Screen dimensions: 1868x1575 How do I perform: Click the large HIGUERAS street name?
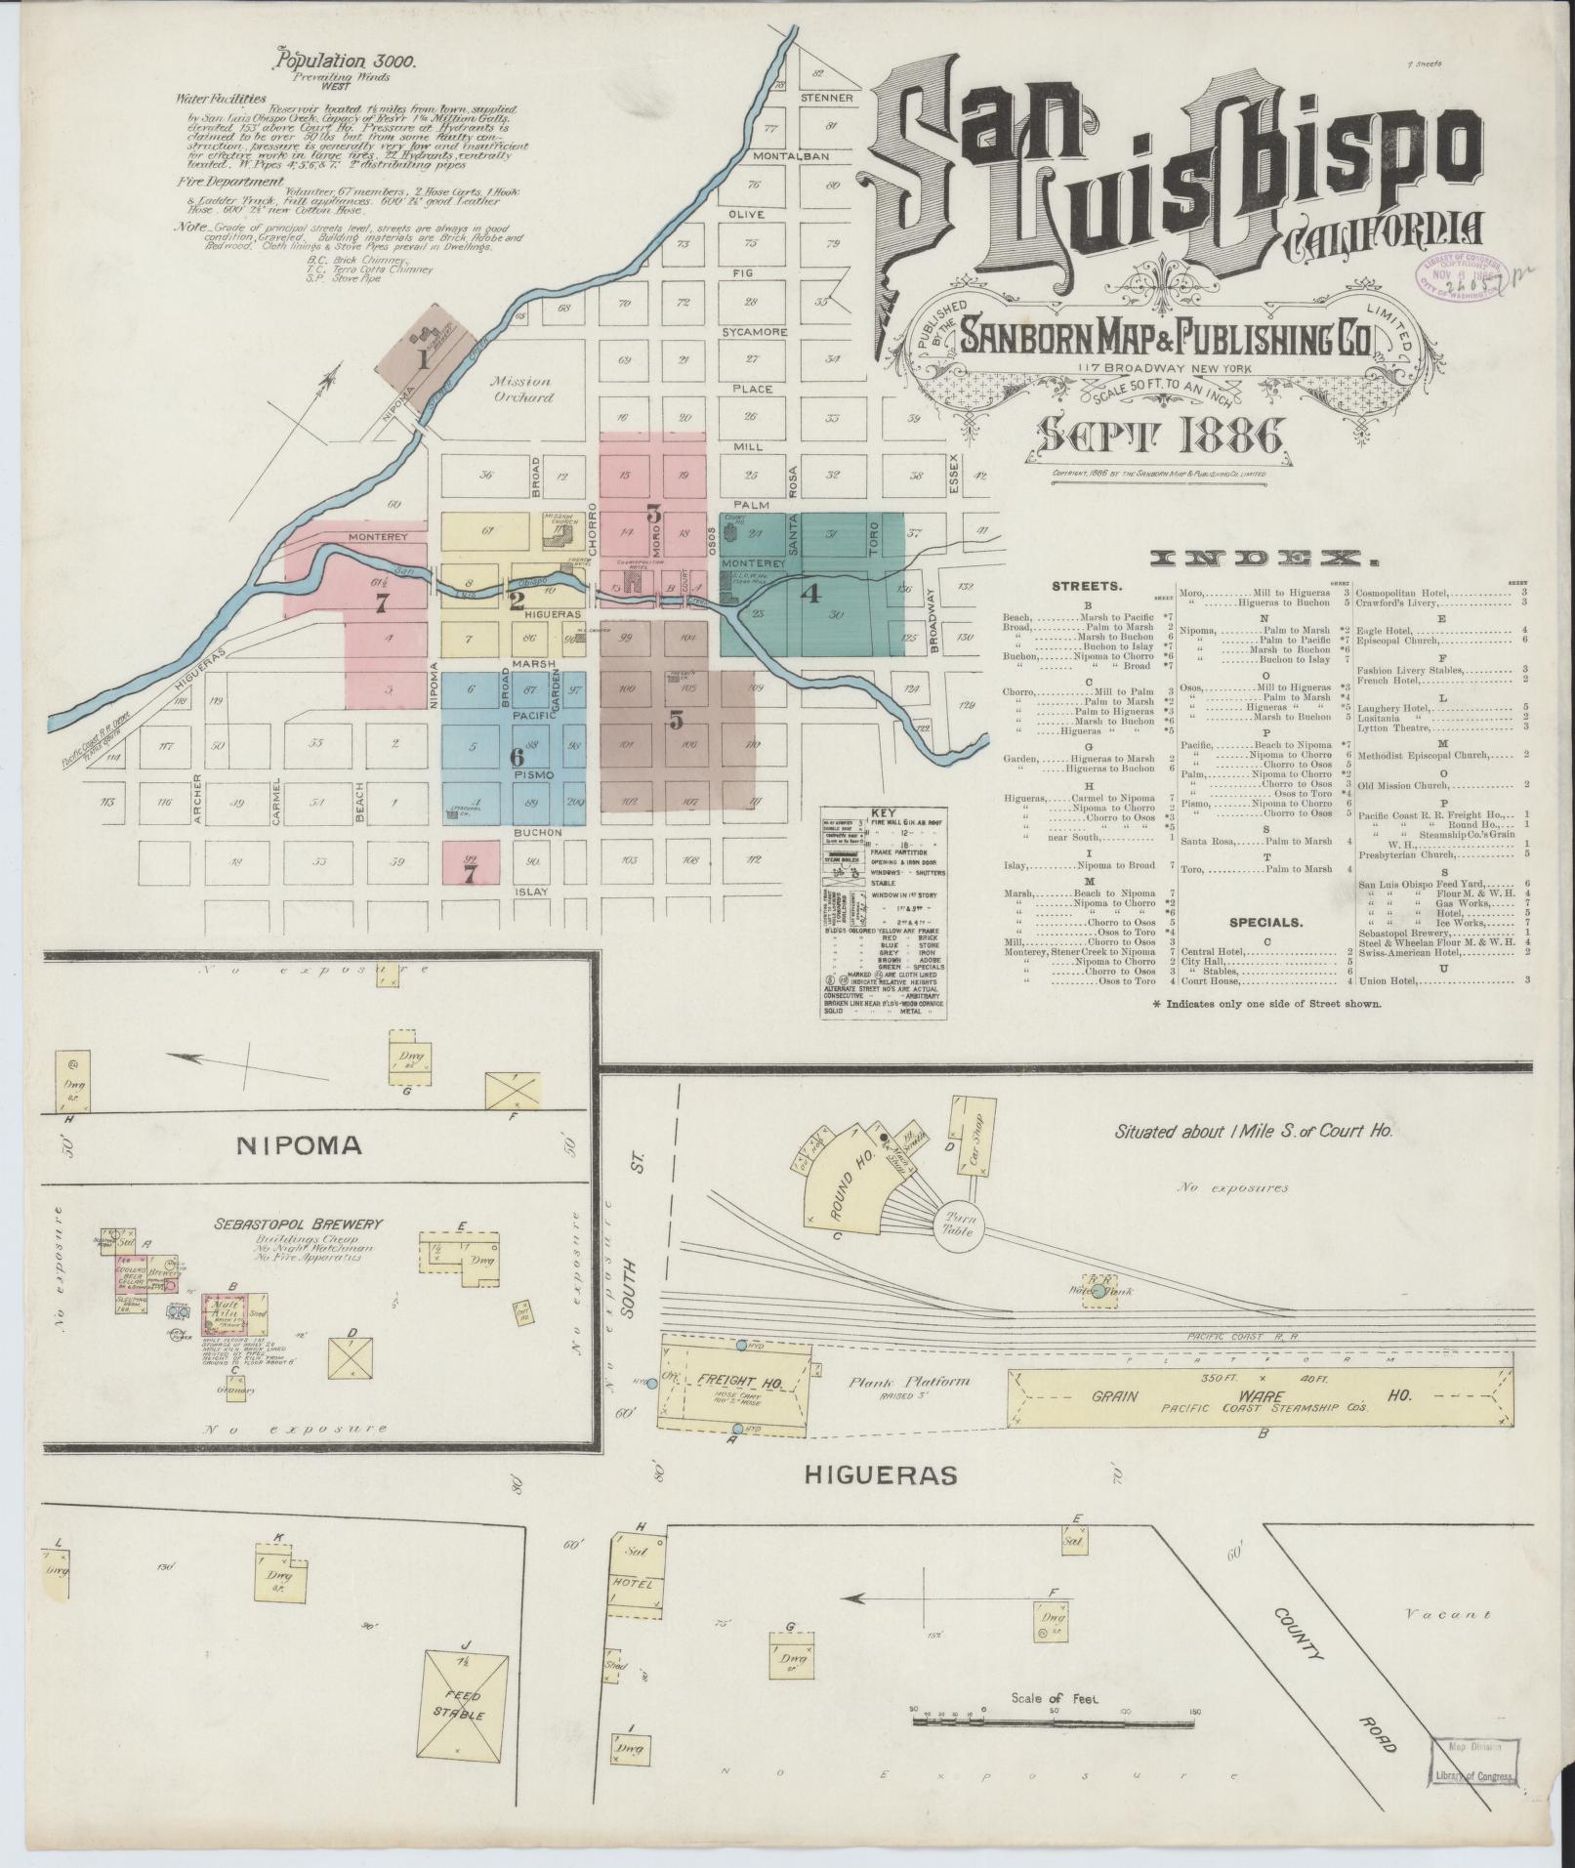tap(880, 1474)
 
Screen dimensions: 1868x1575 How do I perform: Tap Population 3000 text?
tap(347, 61)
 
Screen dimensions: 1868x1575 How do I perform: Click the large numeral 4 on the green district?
tap(811, 593)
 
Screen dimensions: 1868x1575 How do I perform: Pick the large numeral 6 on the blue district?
tap(518, 755)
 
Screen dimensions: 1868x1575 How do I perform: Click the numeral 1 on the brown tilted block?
tap(423, 358)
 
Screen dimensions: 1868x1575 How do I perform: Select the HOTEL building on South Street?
tap(632, 1582)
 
